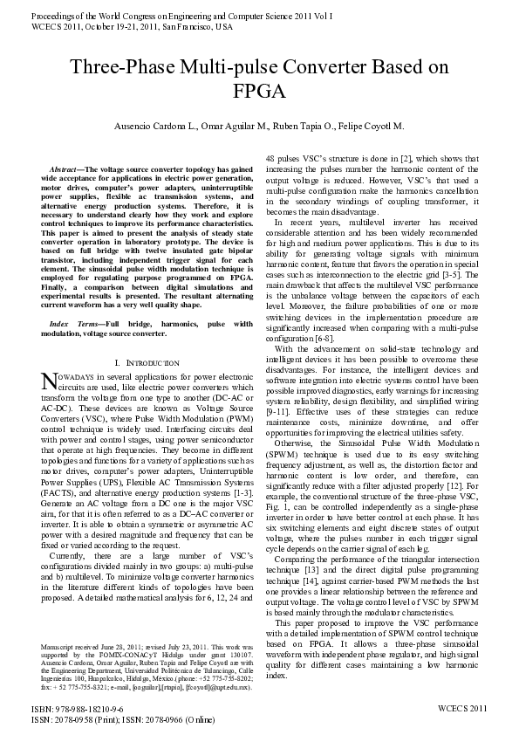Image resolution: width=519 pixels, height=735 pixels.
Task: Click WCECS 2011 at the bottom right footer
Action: pyautogui.click(x=462, y=712)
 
